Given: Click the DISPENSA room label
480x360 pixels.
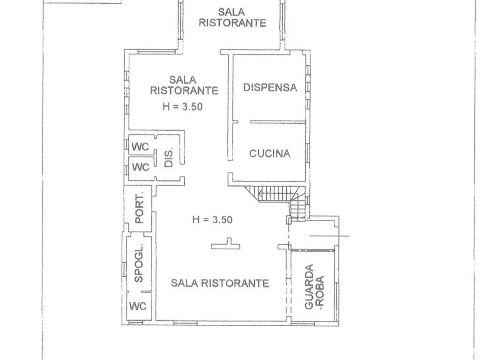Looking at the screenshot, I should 270,87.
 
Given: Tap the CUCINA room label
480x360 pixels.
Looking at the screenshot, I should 270,153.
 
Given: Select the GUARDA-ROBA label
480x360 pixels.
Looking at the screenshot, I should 314,287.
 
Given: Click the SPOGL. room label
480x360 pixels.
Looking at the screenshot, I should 139,264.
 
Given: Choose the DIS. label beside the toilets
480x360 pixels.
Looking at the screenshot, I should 169,157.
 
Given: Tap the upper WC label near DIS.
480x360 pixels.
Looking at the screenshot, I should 140,146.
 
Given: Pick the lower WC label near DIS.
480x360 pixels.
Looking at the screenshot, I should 140,166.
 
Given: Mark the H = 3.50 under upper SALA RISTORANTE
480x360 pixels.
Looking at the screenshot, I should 182,106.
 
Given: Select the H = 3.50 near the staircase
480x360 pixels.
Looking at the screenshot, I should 212,219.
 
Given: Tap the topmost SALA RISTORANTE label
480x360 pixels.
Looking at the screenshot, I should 232,17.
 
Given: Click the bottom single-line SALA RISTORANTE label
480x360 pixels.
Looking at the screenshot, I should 219,283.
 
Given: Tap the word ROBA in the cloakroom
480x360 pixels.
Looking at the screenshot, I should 320,287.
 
